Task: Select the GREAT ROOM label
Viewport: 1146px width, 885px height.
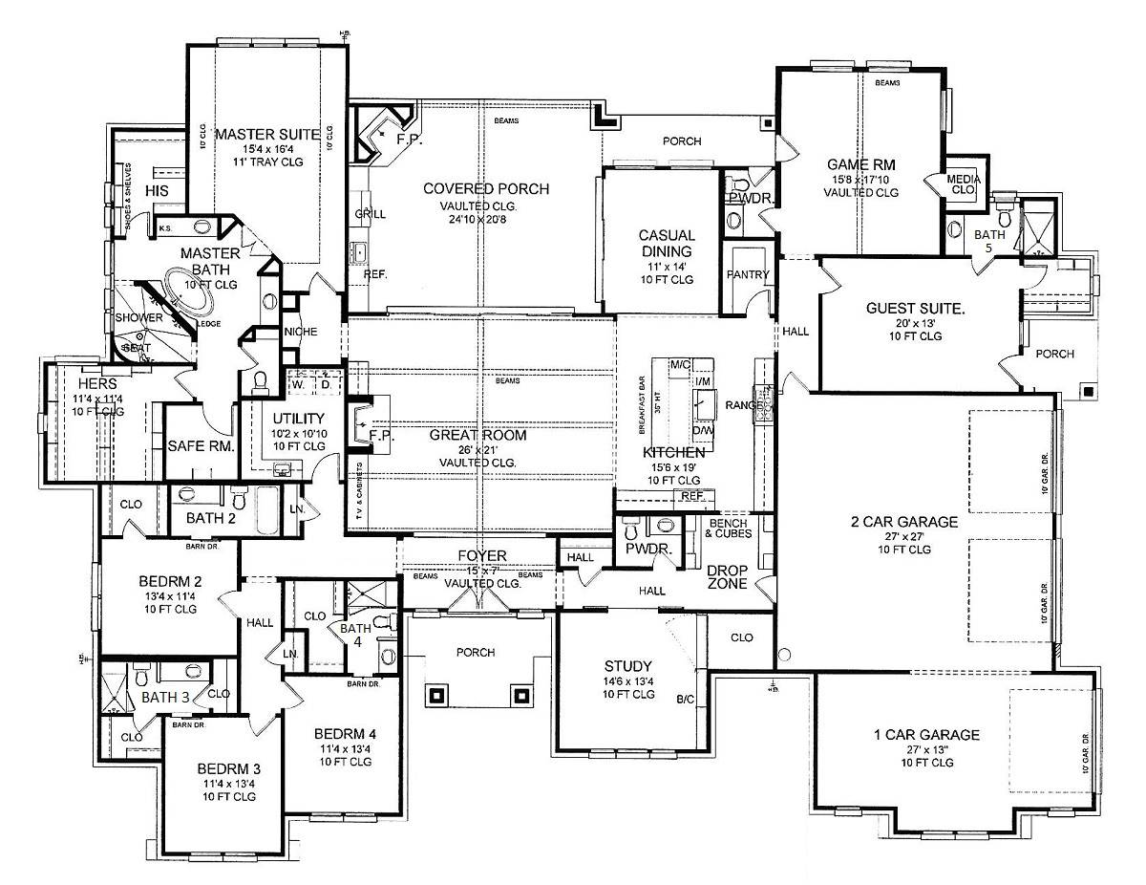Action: coord(477,435)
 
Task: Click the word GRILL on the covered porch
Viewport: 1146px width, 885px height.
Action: coord(371,213)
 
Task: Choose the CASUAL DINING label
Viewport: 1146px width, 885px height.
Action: coord(667,243)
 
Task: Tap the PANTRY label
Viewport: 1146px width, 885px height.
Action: coord(748,275)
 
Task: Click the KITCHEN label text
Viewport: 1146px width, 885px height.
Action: coord(673,452)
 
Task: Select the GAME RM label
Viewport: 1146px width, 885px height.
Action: coord(860,163)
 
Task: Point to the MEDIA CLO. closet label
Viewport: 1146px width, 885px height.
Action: coord(964,183)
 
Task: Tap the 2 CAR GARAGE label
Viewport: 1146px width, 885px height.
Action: coord(904,522)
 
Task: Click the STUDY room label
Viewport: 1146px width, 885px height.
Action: coord(627,666)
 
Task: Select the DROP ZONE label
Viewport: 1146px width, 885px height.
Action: coord(727,577)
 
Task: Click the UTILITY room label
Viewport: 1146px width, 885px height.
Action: coord(299,419)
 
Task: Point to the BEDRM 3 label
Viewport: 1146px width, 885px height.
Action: coord(229,768)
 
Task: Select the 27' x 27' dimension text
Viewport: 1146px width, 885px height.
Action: coord(904,536)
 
